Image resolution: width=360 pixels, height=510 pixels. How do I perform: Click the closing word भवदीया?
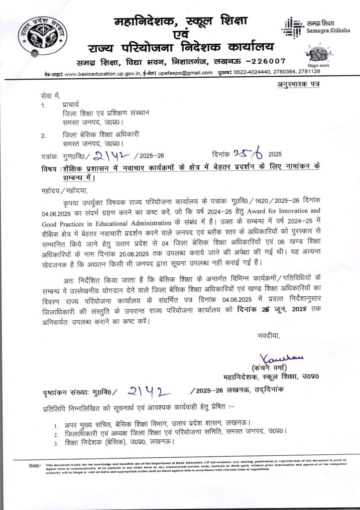click(x=269, y=336)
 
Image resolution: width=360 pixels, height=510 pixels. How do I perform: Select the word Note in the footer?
click(x=34, y=465)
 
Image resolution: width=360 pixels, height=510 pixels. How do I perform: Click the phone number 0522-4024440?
click(x=259, y=73)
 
